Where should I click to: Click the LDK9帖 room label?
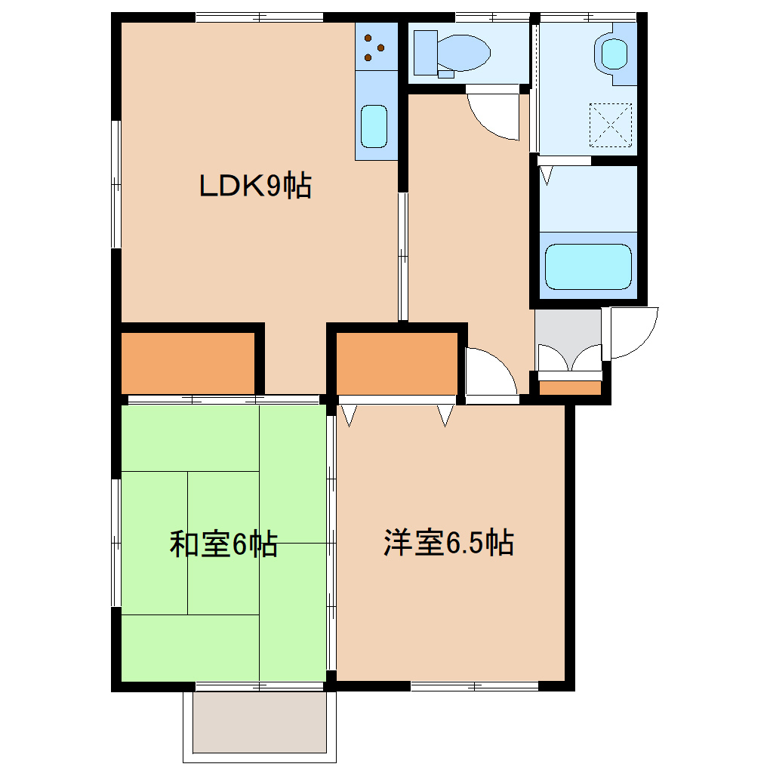point(255,186)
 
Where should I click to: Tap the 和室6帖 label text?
point(223,544)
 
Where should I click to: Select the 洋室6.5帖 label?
point(448,543)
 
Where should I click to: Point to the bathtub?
point(587,266)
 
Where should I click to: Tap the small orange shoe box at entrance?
point(571,388)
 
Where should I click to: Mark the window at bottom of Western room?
point(475,686)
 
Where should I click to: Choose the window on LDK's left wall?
point(116,184)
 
